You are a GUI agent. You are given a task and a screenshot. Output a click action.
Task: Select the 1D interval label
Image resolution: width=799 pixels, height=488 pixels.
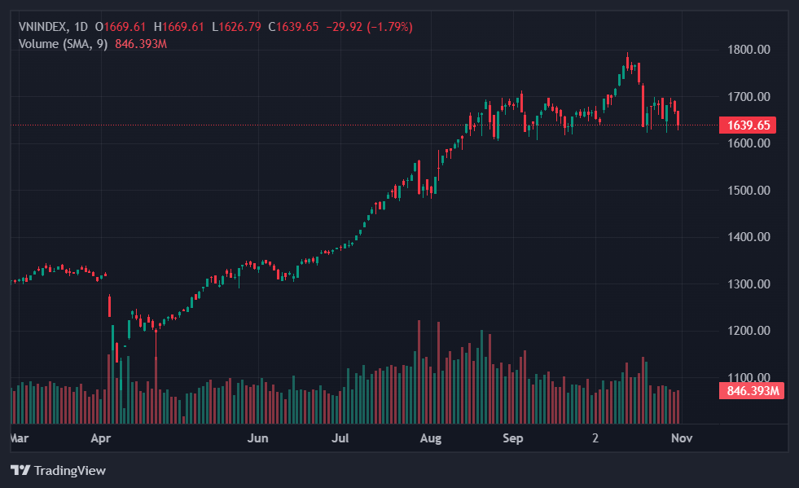point(81,27)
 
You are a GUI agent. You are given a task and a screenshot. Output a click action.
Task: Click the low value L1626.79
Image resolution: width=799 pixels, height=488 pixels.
point(236,27)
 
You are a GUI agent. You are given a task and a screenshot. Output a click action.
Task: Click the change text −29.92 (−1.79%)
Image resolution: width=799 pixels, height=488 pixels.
point(369,27)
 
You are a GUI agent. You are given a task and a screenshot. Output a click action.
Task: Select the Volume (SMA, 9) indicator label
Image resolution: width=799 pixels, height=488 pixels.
point(63,43)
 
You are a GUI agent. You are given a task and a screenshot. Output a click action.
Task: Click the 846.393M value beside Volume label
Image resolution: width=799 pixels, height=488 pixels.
point(141,43)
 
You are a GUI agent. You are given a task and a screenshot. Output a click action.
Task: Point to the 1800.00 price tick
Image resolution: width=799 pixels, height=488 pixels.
point(748,50)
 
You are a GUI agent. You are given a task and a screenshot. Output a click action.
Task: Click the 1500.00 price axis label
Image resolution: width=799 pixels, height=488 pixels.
point(748,191)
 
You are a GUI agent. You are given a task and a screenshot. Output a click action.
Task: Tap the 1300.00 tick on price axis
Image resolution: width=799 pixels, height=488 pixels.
point(748,284)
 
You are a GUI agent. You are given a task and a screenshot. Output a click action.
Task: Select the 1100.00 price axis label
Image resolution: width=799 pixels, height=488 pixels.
point(748,378)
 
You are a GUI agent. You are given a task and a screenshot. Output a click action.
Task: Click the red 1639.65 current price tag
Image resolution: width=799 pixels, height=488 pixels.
point(748,125)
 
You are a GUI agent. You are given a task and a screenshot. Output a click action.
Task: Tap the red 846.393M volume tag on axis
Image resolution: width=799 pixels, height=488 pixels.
point(750,391)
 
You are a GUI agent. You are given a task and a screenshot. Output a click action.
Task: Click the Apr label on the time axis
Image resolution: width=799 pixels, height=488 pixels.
point(101,438)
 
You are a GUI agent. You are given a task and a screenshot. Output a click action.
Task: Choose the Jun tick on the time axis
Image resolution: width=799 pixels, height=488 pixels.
point(257,438)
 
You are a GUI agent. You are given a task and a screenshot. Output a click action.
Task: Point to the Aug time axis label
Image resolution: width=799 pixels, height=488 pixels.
point(431,438)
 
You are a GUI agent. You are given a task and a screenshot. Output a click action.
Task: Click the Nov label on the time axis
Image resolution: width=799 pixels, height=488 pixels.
point(682,438)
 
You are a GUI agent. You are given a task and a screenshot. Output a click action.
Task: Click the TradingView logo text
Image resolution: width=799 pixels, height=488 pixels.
point(69,471)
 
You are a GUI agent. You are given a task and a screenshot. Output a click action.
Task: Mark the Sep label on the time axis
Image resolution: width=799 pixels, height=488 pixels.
point(513,438)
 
